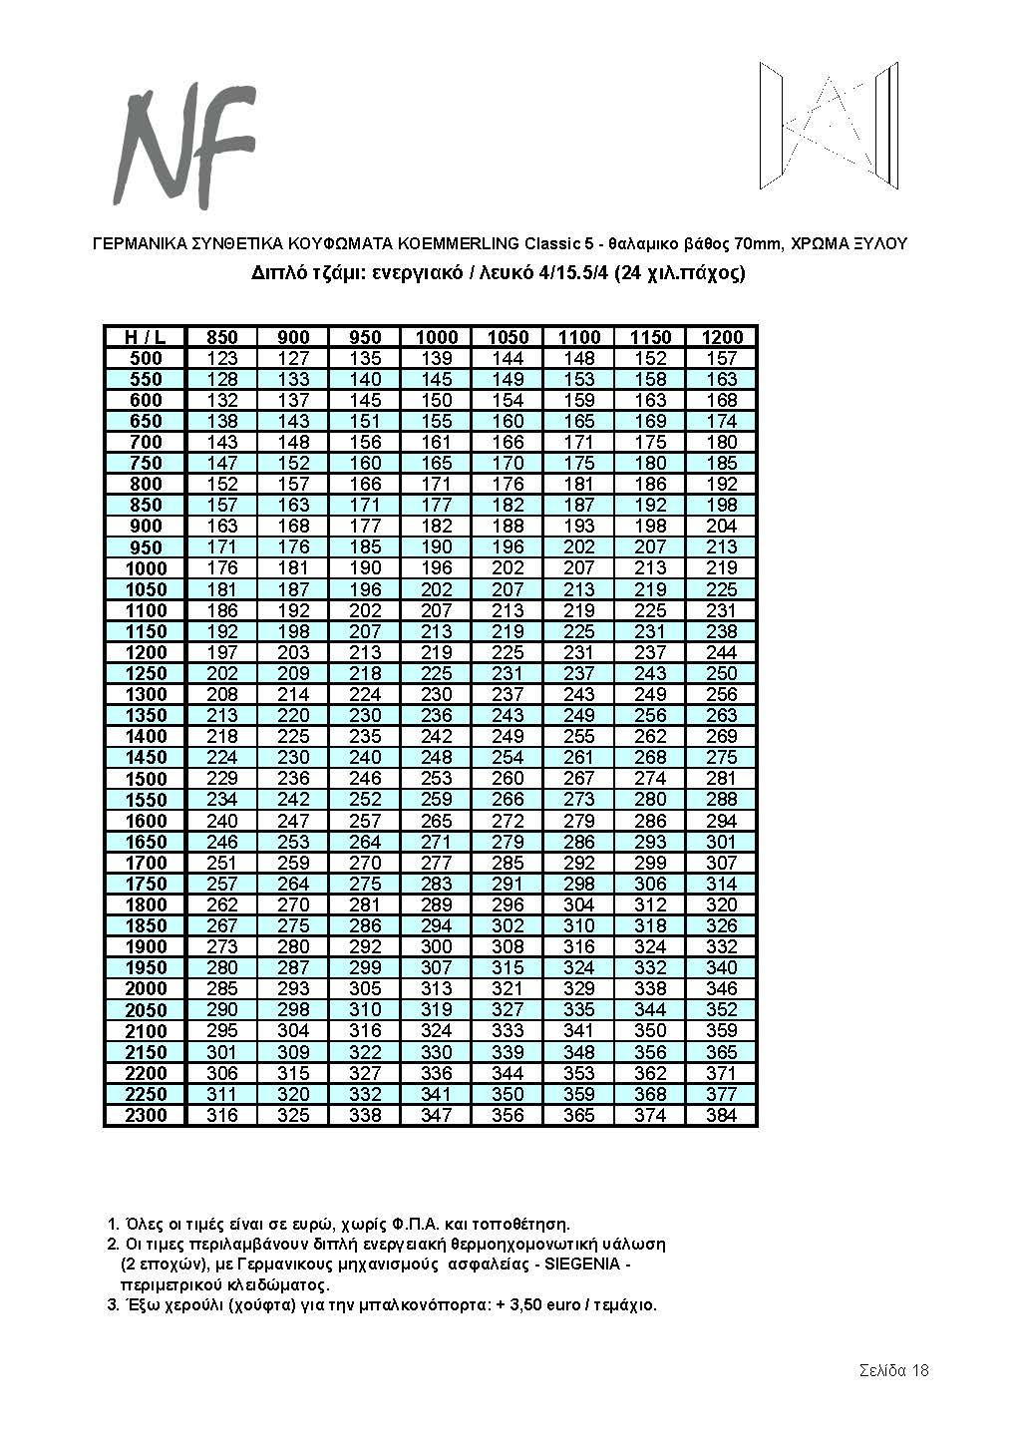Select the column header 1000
pyautogui.click(x=437, y=337)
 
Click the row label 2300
pyautogui.click(x=146, y=1115)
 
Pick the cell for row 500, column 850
pyautogui.click(x=222, y=358)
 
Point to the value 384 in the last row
pyautogui.click(x=721, y=1115)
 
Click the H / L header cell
pyautogui.click(x=146, y=337)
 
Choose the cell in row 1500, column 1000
pyautogui.click(x=437, y=778)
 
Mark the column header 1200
pyautogui.click(x=721, y=337)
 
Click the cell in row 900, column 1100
pyautogui.click(x=579, y=526)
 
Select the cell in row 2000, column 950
pyautogui.click(x=366, y=988)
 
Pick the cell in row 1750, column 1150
pyautogui.click(x=650, y=884)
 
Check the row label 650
pyautogui.click(x=146, y=421)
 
